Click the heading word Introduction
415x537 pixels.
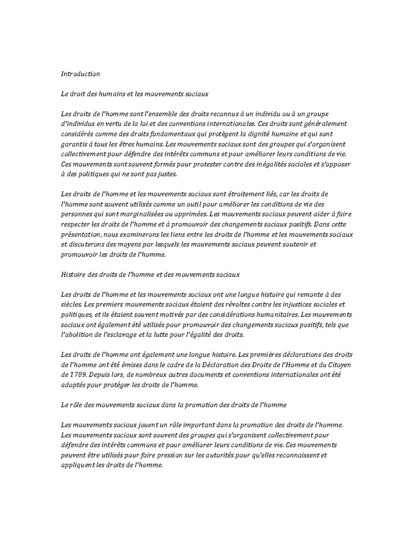[x=80, y=74]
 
